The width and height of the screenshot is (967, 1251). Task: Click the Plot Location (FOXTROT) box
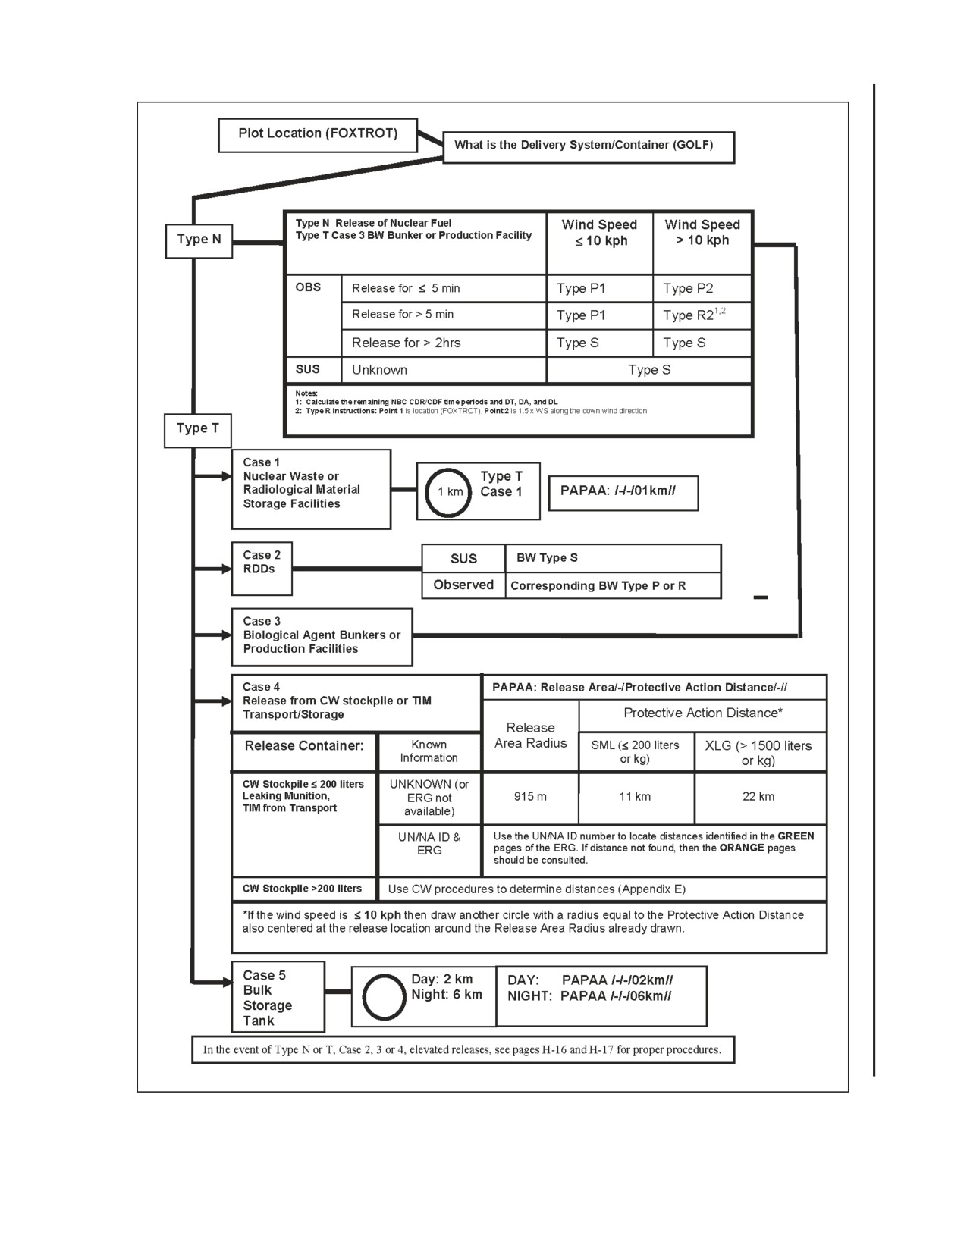tap(317, 135)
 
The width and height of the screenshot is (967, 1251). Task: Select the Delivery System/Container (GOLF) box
tap(589, 147)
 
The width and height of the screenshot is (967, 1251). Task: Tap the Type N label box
tap(199, 241)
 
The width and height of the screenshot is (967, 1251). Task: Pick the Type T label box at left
tap(197, 431)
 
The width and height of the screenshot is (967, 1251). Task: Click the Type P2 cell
tap(702, 288)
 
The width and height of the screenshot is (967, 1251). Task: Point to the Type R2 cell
tap(702, 315)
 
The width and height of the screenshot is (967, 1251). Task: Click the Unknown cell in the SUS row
tap(444, 370)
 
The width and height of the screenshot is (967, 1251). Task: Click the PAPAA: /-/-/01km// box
tap(623, 494)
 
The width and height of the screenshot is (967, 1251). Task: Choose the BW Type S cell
tap(613, 559)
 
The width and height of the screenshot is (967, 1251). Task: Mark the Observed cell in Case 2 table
tap(463, 585)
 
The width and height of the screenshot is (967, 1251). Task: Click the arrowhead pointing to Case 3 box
tap(226, 635)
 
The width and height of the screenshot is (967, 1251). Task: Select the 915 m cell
tap(530, 798)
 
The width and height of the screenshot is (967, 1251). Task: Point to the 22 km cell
tap(760, 798)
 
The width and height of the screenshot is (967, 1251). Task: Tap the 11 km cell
tap(636, 798)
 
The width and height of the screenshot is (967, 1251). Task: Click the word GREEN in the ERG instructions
tap(796, 836)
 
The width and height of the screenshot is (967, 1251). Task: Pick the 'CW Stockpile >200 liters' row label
tap(303, 889)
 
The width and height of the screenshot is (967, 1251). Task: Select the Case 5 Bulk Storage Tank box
tap(278, 996)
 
